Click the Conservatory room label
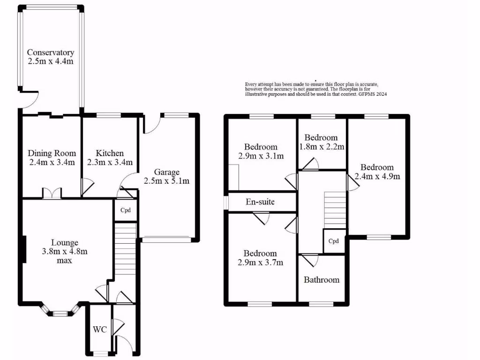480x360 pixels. (51, 52)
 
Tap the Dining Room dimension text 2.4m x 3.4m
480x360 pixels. (52, 162)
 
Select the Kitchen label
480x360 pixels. (110, 153)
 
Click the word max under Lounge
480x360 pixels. (64, 260)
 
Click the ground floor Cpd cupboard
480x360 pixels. (125, 210)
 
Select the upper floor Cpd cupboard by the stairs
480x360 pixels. (333, 241)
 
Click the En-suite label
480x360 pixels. (260, 202)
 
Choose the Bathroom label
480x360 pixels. (321, 280)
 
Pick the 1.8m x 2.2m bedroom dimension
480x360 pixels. (321, 146)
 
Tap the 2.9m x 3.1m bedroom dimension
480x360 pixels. (260, 156)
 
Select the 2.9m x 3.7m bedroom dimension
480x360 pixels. (260, 262)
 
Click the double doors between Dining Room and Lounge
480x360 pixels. (52, 193)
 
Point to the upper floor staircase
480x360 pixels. (334, 209)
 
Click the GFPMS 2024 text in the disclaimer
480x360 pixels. (373, 94)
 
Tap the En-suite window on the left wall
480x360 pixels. (225, 202)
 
